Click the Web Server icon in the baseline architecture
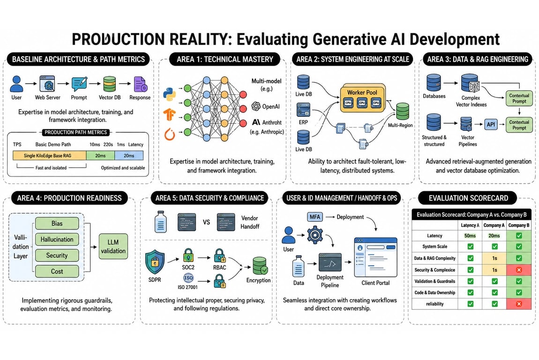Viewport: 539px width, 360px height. pyautogui.click(x=47, y=83)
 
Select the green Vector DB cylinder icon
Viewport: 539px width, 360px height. pyautogui.click(x=110, y=84)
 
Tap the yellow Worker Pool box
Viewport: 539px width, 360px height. pyautogui.click(x=362, y=98)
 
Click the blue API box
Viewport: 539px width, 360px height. pyautogui.click(x=491, y=124)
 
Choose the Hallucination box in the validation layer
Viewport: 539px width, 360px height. pyautogui.click(x=57, y=240)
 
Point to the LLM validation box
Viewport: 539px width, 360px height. pyautogui.click(x=113, y=247)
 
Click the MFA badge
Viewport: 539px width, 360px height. pyautogui.click(x=314, y=217)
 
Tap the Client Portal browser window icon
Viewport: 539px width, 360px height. pyautogui.click(x=375, y=257)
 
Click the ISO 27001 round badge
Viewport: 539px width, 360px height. pyautogui.click(x=188, y=278)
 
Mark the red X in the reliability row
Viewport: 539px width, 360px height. pyautogui.click(x=519, y=304)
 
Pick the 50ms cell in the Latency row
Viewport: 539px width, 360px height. pyautogui.click(x=470, y=236)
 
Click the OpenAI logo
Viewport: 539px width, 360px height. pyautogui.click(x=256, y=106)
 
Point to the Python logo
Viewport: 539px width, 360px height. pyautogui.click(x=170, y=94)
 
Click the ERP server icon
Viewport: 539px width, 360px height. pyautogui.click(x=304, y=110)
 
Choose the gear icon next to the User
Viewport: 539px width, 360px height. pyautogui.click(x=314, y=235)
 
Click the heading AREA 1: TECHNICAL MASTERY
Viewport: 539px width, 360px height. pyautogui.click(x=225, y=60)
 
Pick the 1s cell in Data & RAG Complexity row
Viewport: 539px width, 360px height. pyautogui.click(x=494, y=258)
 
